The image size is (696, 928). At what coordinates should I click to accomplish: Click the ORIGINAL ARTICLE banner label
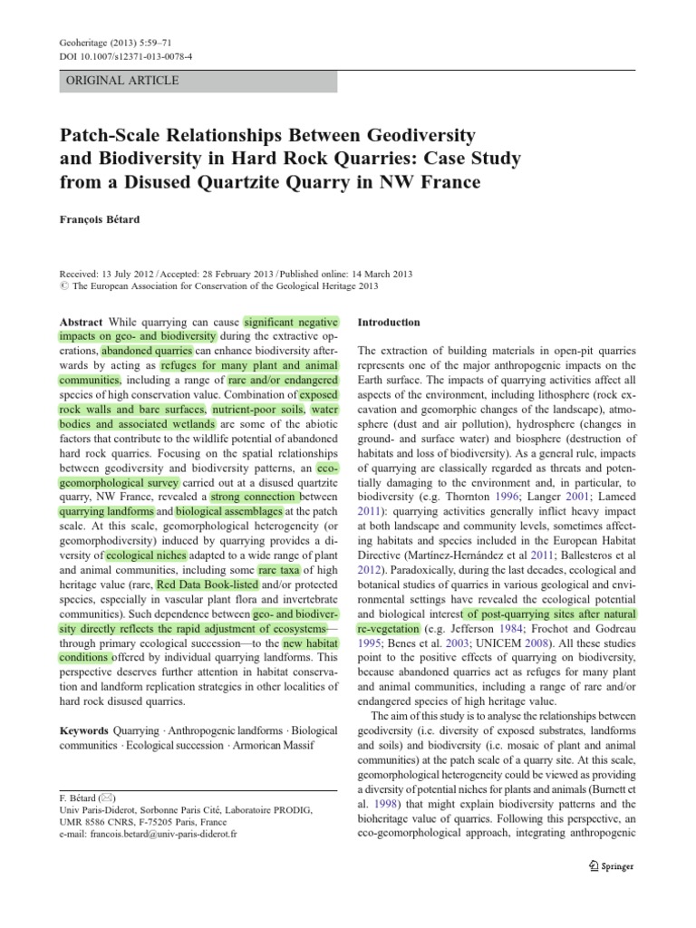click(123, 81)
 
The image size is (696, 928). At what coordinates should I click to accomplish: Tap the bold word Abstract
click(81, 323)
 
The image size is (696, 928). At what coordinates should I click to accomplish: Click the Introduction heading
click(389, 322)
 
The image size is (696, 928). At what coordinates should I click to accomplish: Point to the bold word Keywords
click(84, 730)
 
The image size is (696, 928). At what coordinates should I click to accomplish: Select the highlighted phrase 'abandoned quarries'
click(147, 350)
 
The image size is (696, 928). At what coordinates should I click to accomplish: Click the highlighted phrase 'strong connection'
click(253, 497)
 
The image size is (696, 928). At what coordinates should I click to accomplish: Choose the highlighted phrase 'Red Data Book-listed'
click(205, 585)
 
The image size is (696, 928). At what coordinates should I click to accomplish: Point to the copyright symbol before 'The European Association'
click(63, 286)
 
